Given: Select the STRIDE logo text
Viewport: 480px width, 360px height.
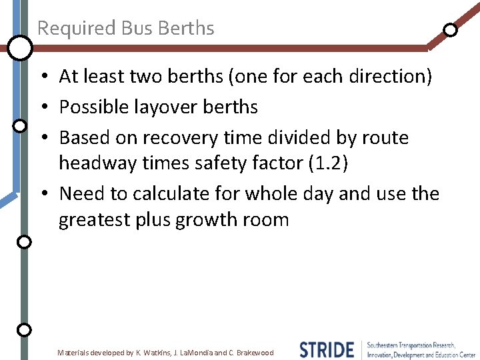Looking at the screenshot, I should pos(327,349).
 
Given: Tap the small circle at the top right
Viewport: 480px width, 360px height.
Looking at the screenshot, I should pos(451,29).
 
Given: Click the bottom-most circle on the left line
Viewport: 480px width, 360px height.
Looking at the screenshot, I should pos(24,329).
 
